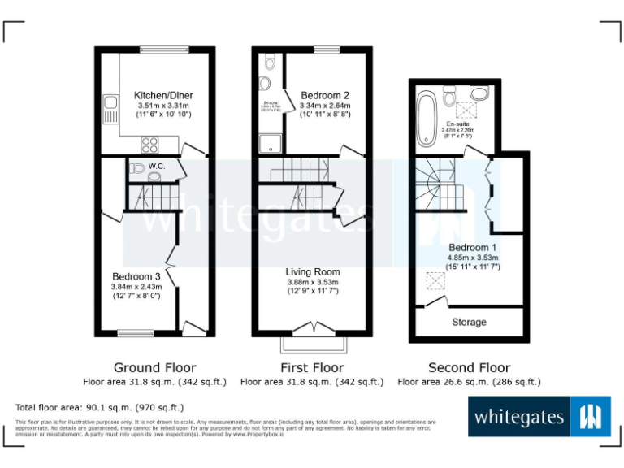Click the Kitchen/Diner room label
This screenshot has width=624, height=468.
pos(163,95)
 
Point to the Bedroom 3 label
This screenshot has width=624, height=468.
pos(136,275)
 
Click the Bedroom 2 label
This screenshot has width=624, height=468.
pos(325,95)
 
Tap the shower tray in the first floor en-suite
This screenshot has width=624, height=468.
pos(269,143)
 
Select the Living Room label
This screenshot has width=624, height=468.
pos(313,271)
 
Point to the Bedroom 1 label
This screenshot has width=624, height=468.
pos(473,247)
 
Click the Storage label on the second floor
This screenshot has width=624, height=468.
pos(469,322)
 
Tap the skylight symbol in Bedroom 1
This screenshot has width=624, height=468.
pos(437,281)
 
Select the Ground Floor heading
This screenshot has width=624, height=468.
pos(154,367)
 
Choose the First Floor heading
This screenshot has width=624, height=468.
pos(312,367)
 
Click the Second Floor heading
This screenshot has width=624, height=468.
pos(469,367)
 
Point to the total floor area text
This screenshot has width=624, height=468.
pos(100,407)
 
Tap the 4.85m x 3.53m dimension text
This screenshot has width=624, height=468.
pos(473,258)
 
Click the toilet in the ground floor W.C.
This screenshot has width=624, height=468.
pos(136,169)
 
